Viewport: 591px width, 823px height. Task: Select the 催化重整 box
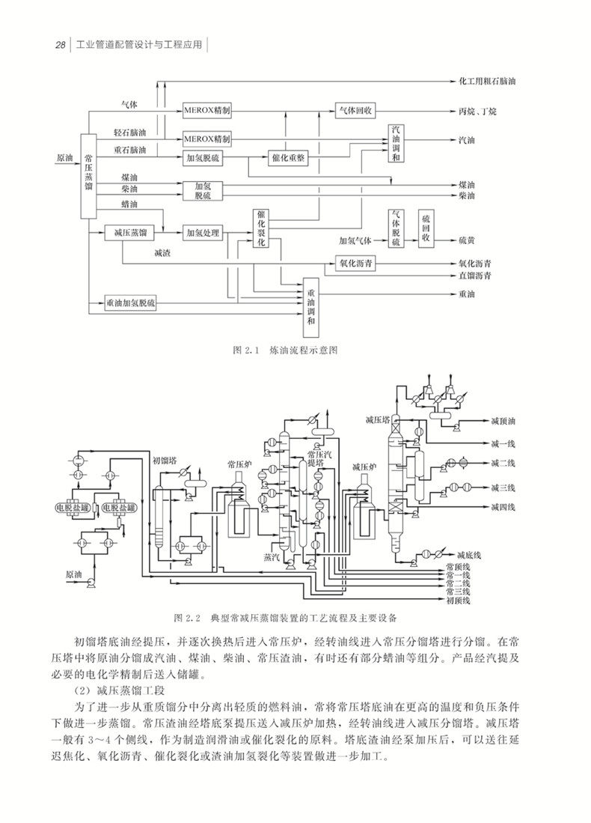tap(287, 158)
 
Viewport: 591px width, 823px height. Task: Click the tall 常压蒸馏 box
tap(89, 177)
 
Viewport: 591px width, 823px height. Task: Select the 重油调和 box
tap(312, 307)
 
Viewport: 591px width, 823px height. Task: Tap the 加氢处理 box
tap(203, 233)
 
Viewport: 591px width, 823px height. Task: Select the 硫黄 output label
tap(468, 240)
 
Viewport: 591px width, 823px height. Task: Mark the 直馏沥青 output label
tap(474, 276)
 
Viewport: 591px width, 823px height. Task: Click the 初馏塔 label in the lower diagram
tap(164, 460)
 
